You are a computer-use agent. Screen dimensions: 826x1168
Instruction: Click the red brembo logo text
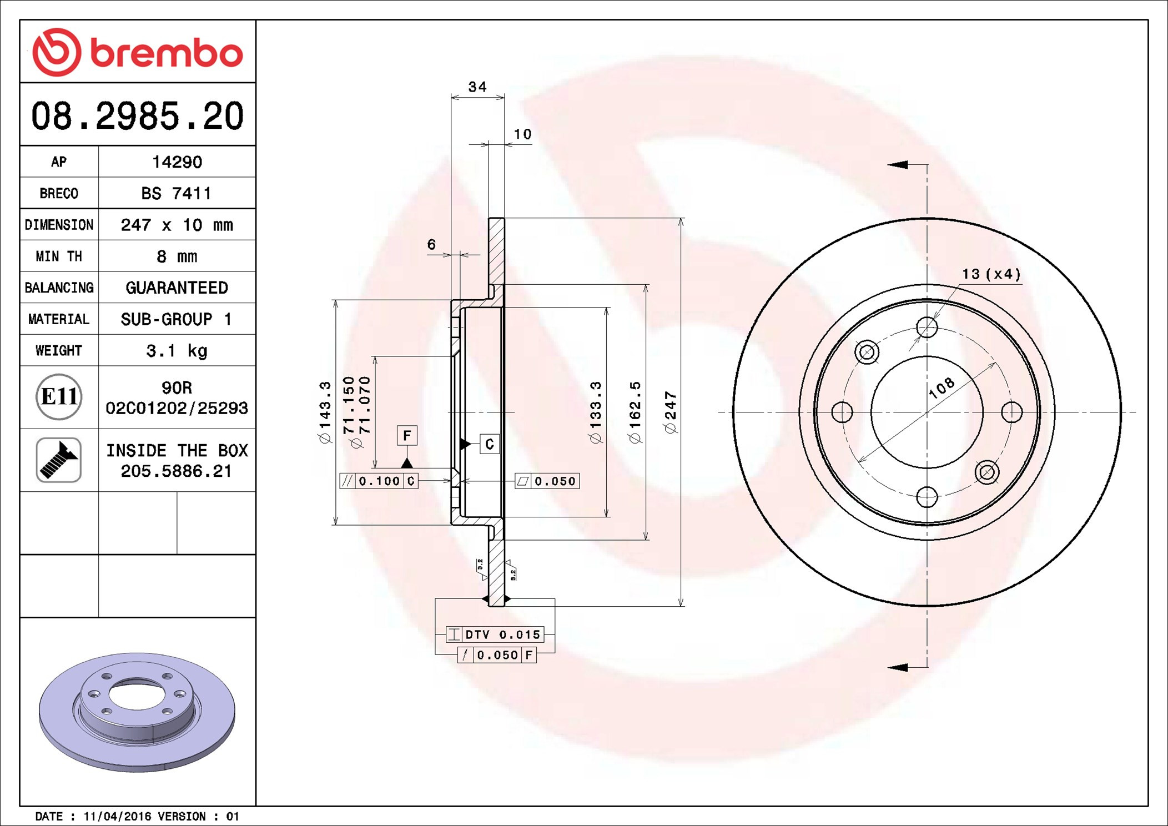pos(166,54)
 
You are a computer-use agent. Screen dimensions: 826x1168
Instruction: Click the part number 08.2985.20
pos(137,116)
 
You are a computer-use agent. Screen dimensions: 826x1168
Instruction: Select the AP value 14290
pos(177,162)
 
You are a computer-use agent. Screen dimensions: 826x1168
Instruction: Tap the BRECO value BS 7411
pos(177,194)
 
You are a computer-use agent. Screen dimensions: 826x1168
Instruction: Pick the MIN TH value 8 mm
pos(177,256)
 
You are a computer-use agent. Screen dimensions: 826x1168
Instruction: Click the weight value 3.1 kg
pos(177,351)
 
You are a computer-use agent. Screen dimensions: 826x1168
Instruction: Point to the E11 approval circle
pos(59,397)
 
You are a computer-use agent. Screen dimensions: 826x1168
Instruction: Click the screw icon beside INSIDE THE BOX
pos(59,460)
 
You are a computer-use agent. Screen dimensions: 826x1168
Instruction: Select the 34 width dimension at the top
pos(477,87)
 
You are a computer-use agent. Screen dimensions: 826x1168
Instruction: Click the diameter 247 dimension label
pos(671,412)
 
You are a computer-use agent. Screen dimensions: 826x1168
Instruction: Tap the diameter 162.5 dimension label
pos(635,412)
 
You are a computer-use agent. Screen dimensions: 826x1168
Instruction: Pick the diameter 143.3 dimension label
pos(325,412)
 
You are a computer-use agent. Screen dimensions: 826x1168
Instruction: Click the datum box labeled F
pos(407,436)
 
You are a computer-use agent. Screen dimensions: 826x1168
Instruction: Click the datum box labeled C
pos(489,444)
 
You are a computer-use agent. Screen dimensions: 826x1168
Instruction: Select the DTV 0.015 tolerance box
pos(495,634)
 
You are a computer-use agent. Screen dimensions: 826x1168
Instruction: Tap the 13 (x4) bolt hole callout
pos(991,274)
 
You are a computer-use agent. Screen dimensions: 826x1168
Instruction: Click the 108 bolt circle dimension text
pos(942,387)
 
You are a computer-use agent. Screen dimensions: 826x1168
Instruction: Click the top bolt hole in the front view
pos(927,327)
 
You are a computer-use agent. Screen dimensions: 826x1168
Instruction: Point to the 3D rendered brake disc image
pos(137,712)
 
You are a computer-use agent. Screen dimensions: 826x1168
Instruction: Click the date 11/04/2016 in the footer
pos(117,817)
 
